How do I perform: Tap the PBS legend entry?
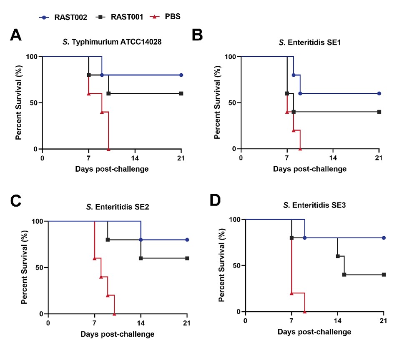click(x=166, y=17)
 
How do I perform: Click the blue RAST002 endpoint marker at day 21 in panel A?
click(x=181, y=75)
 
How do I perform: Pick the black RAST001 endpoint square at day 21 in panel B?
click(x=379, y=112)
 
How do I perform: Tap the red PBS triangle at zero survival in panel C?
click(x=114, y=314)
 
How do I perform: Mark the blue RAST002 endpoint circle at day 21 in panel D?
click(x=384, y=238)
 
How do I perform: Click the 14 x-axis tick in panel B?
click(x=333, y=157)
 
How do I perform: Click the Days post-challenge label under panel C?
click(x=118, y=334)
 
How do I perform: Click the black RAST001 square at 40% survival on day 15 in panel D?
click(x=344, y=275)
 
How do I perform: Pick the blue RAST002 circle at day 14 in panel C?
click(x=141, y=240)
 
